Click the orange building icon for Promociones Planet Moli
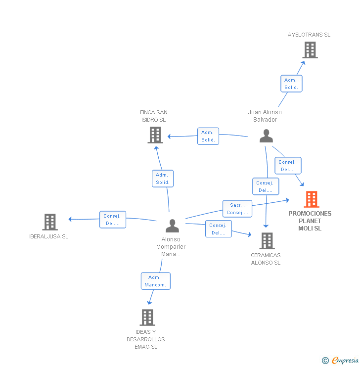[312, 199]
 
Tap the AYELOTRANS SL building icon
[310, 50]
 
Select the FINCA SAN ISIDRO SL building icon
[155, 135]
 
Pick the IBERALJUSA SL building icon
[50, 222]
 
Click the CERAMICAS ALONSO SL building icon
[267, 241]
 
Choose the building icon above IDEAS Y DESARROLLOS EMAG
[147, 317]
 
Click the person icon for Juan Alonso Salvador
[267, 136]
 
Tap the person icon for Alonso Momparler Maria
[172, 226]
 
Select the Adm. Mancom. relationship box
[155, 281]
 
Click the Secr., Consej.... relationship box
[237, 209]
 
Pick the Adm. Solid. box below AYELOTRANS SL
[291, 84]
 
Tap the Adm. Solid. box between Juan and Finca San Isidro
[208, 136]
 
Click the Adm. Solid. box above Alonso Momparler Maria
[163, 179]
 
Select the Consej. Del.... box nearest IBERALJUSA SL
[112, 220]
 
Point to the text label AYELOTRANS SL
[309, 35]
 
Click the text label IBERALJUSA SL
[49, 236]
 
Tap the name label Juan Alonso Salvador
[265, 116]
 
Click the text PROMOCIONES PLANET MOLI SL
[310, 221]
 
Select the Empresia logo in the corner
[341, 360]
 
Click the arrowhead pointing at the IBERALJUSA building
[70, 219]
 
